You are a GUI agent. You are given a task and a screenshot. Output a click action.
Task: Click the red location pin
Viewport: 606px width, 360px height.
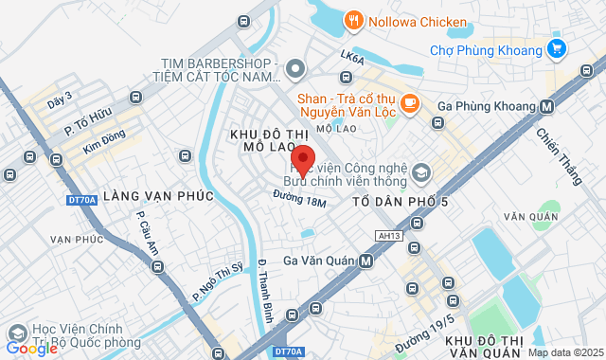point(302,157)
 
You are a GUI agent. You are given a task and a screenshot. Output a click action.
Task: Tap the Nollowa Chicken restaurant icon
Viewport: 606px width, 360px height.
point(353,20)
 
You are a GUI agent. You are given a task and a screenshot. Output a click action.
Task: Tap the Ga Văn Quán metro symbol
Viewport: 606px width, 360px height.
point(365,261)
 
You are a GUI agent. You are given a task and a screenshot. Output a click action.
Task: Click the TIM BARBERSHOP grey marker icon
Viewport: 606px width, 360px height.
point(294,68)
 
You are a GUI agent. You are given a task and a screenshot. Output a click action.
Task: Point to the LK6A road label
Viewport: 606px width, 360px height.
point(352,59)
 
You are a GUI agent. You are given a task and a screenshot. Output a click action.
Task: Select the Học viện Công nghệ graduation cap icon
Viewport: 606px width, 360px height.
point(420,174)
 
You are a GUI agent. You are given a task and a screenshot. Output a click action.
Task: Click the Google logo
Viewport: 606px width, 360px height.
point(32,348)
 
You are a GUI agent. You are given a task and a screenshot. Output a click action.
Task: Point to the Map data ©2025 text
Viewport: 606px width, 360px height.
point(564,352)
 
